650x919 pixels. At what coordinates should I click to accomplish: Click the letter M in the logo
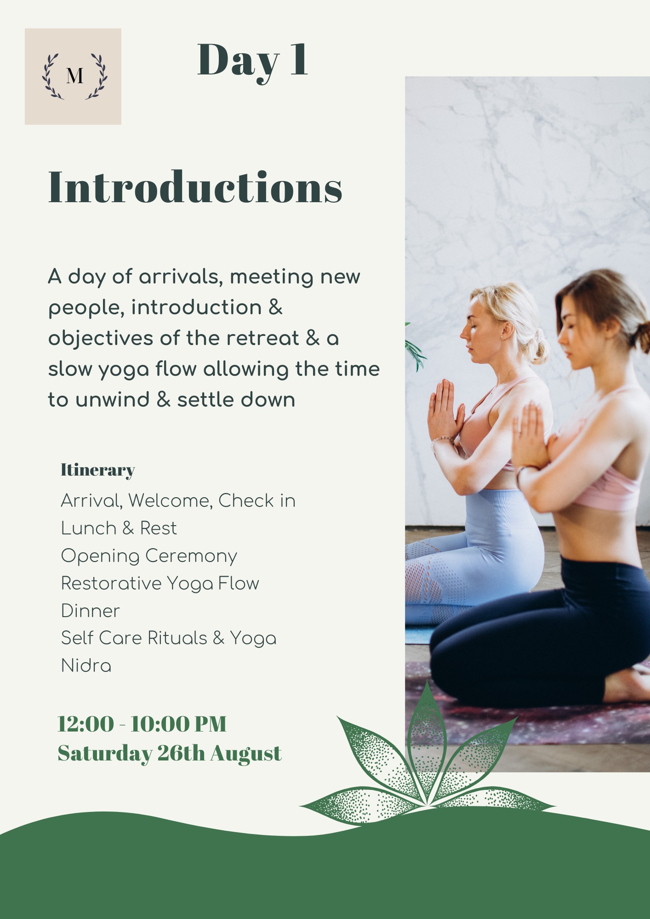click(x=74, y=76)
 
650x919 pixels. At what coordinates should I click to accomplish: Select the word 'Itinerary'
click(x=98, y=471)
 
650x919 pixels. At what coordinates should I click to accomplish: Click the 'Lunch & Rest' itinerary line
click(x=119, y=528)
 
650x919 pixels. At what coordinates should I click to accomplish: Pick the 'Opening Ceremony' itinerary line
click(x=149, y=556)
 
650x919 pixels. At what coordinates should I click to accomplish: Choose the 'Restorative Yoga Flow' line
click(x=160, y=584)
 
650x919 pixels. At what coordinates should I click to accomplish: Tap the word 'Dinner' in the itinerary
click(x=90, y=611)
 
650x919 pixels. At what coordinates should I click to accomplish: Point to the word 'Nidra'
click(x=86, y=666)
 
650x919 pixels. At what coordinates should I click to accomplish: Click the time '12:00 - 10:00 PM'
click(x=142, y=724)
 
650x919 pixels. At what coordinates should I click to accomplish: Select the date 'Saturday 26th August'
click(x=170, y=754)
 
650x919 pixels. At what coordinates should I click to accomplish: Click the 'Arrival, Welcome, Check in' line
click(x=178, y=501)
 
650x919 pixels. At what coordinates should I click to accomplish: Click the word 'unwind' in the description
click(x=113, y=400)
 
